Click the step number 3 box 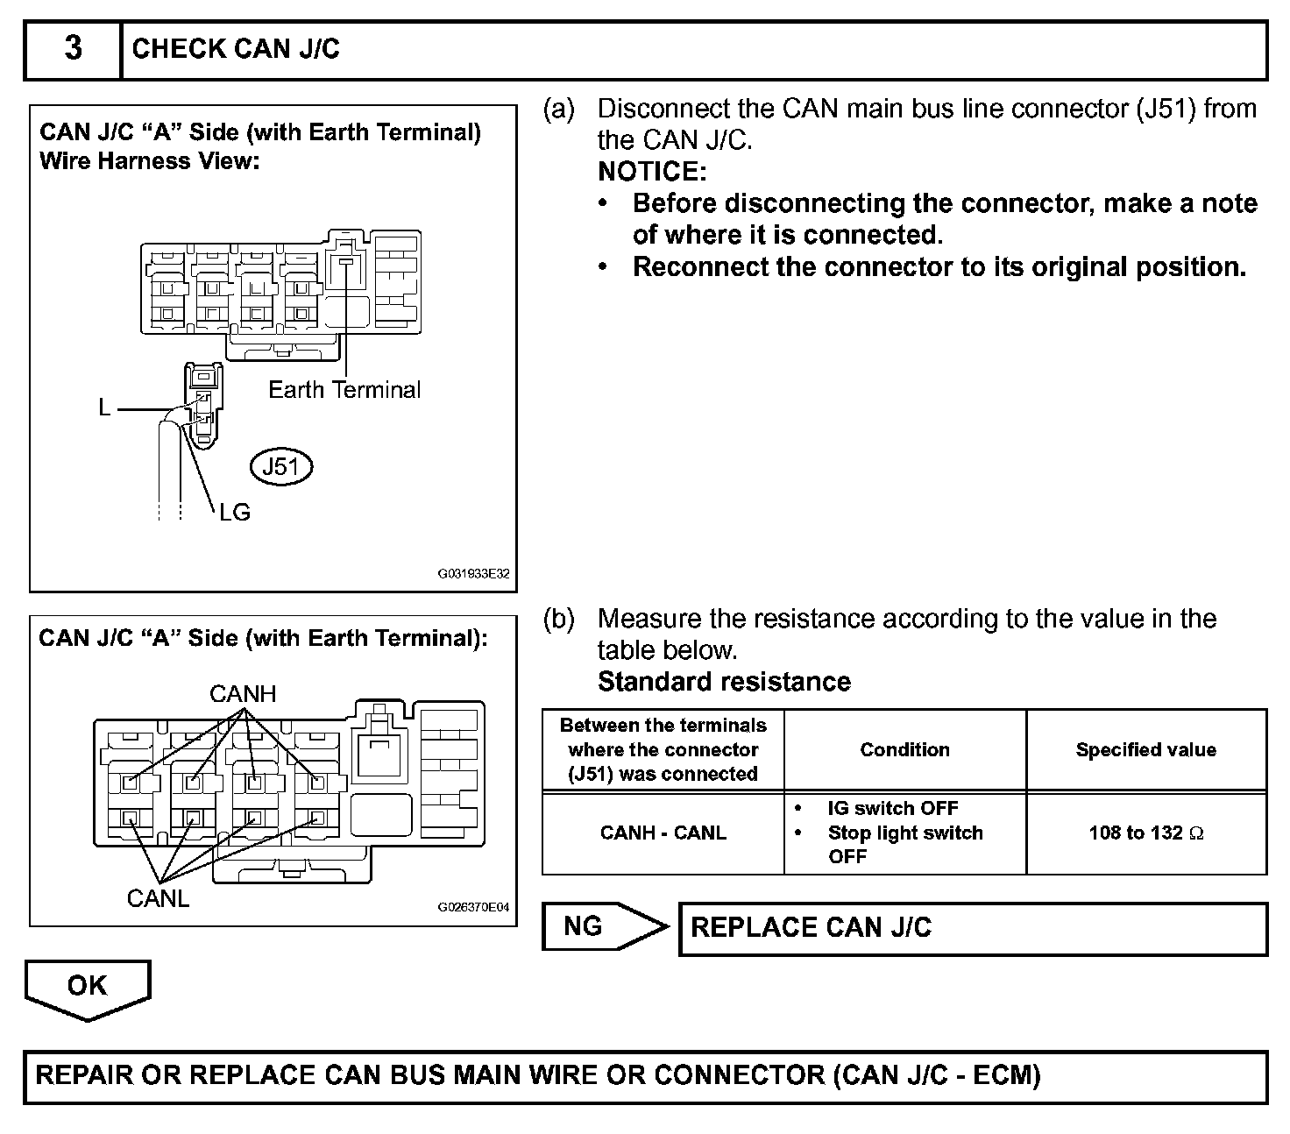pyautogui.click(x=73, y=49)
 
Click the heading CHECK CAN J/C pyautogui.click(x=236, y=49)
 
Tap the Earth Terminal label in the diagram pyautogui.click(x=344, y=390)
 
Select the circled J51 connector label pyautogui.click(x=281, y=467)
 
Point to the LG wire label pyautogui.click(x=235, y=513)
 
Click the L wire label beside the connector pyautogui.click(x=105, y=408)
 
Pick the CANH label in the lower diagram pyautogui.click(x=243, y=695)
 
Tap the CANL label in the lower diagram pyautogui.click(x=158, y=898)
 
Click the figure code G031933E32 pyautogui.click(x=473, y=575)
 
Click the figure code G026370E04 pyautogui.click(x=473, y=908)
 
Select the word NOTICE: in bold pyautogui.click(x=652, y=172)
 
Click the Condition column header pyautogui.click(x=904, y=749)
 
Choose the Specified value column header pyautogui.click(x=1145, y=749)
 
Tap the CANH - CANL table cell pyautogui.click(x=663, y=833)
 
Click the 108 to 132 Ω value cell pyautogui.click(x=1145, y=833)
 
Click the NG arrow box pyautogui.click(x=596, y=926)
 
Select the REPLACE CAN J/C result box pyautogui.click(x=973, y=928)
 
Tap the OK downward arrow pyautogui.click(x=88, y=988)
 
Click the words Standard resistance pyautogui.click(x=724, y=682)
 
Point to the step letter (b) pyautogui.click(x=559, y=619)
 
